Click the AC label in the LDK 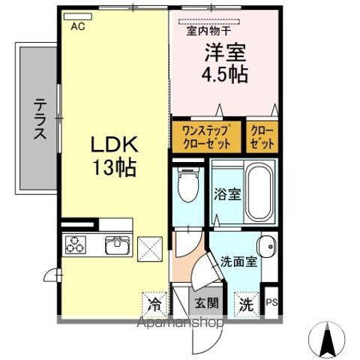[x=78, y=26]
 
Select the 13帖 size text [x=114, y=167]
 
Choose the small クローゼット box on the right [x=262, y=137]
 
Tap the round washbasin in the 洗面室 [x=267, y=247]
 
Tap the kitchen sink [x=118, y=244]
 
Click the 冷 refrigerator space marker [x=154, y=304]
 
